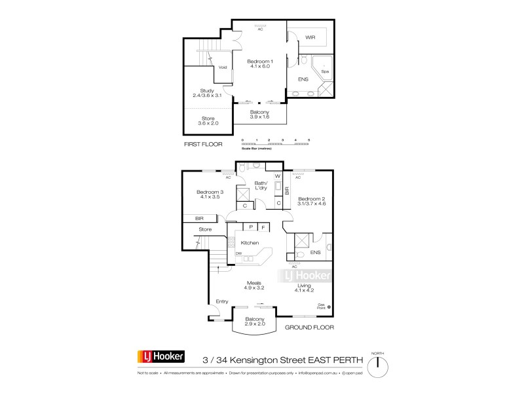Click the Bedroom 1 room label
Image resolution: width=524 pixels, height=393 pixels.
coord(260,64)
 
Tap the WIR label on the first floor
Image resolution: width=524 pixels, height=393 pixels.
coord(311,38)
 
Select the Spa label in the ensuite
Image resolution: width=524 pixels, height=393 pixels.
coord(324,71)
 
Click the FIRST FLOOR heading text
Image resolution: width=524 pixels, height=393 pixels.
coord(203,143)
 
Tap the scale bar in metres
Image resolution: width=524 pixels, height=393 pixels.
coord(275,143)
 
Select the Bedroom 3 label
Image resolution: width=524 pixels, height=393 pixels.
coord(210,195)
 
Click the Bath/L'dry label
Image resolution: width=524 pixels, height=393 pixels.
coord(261,186)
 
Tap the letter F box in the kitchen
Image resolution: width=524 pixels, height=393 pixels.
coord(263,227)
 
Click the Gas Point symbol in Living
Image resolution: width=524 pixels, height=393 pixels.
coord(329,306)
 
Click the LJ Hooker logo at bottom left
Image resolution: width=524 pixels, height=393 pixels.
coord(160,357)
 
